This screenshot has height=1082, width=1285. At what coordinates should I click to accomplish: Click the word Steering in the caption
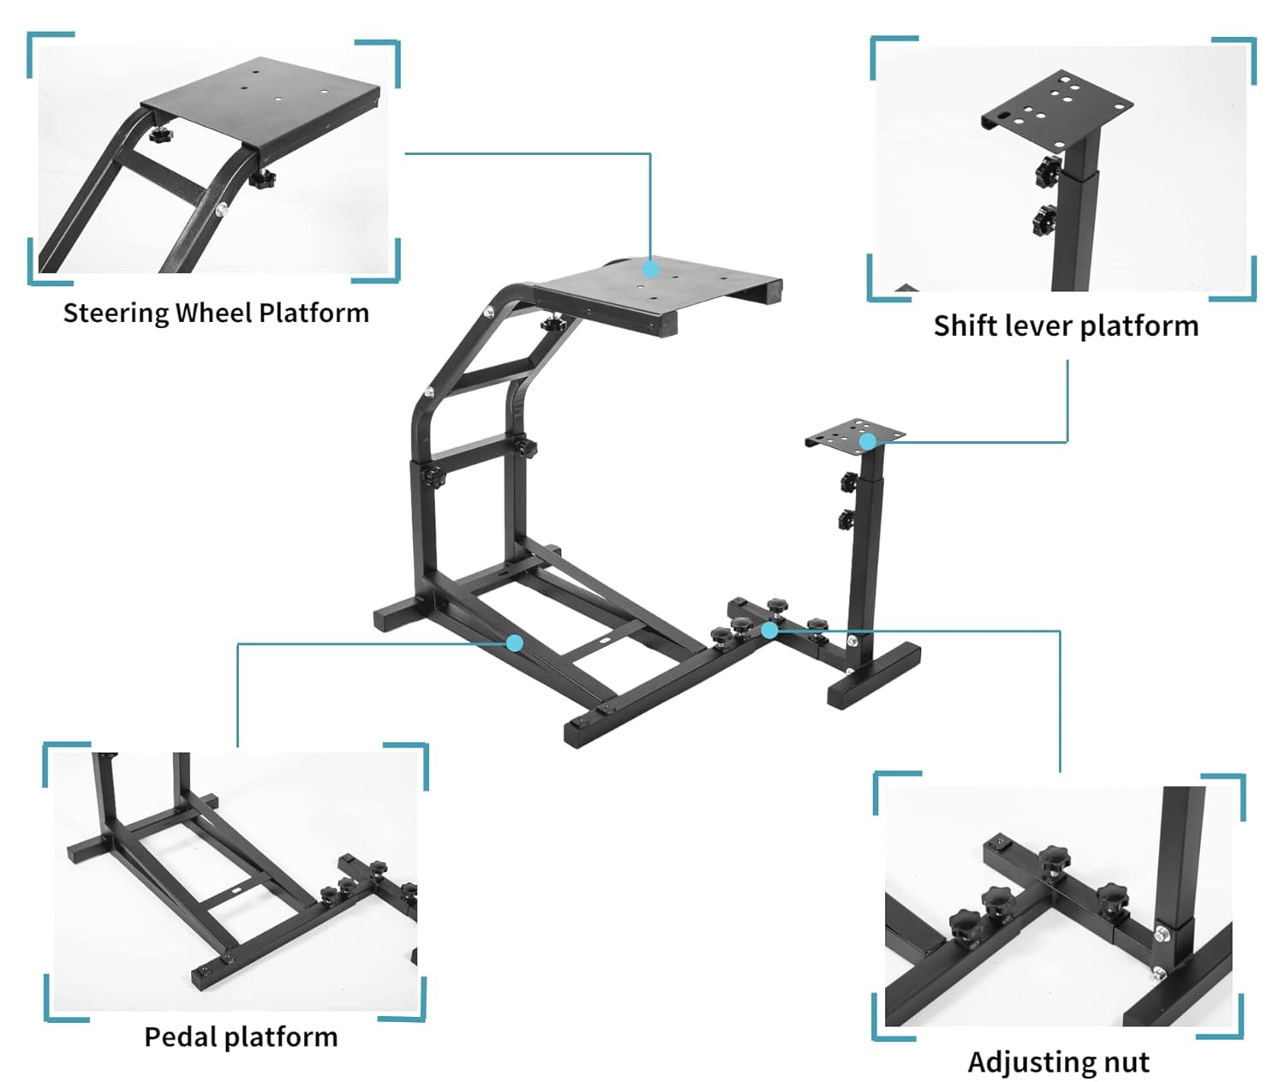tap(116, 314)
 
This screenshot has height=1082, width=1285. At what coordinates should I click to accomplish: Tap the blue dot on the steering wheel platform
tap(651, 269)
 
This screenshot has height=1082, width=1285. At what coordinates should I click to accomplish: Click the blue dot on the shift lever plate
tap(868, 442)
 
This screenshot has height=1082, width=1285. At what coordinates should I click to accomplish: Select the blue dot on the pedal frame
tap(515, 643)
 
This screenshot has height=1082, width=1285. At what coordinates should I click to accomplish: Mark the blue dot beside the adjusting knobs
tap(769, 631)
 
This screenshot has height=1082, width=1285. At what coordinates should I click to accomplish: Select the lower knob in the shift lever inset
tap(1045, 219)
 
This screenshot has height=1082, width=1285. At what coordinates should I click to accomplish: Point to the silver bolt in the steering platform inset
tap(222, 208)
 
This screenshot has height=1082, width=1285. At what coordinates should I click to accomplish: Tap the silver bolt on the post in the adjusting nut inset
tap(1163, 933)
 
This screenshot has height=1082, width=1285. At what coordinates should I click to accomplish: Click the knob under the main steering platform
tap(550, 325)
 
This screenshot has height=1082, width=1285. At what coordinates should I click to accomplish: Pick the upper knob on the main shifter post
tap(849, 481)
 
